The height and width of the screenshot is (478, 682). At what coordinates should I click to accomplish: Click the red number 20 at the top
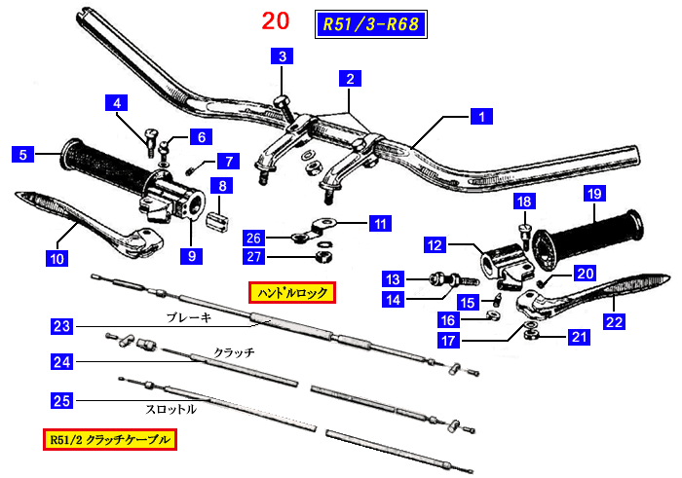[276, 20]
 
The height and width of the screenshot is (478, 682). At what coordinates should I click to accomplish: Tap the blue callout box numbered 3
[283, 56]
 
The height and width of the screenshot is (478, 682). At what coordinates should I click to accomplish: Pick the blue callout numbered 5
[21, 153]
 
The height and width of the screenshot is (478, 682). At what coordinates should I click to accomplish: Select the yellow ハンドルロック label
[291, 291]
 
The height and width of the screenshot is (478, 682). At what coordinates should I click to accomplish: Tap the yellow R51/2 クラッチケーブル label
[109, 441]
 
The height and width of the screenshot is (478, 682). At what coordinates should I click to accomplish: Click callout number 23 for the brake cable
[61, 327]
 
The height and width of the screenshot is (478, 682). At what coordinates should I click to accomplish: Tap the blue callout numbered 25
[61, 400]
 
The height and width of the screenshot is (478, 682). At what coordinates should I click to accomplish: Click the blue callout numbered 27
[253, 256]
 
